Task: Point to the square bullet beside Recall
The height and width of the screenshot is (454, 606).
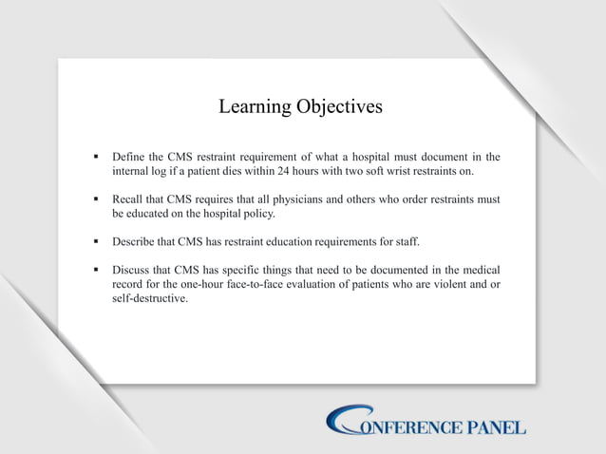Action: pyautogui.click(x=96, y=200)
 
